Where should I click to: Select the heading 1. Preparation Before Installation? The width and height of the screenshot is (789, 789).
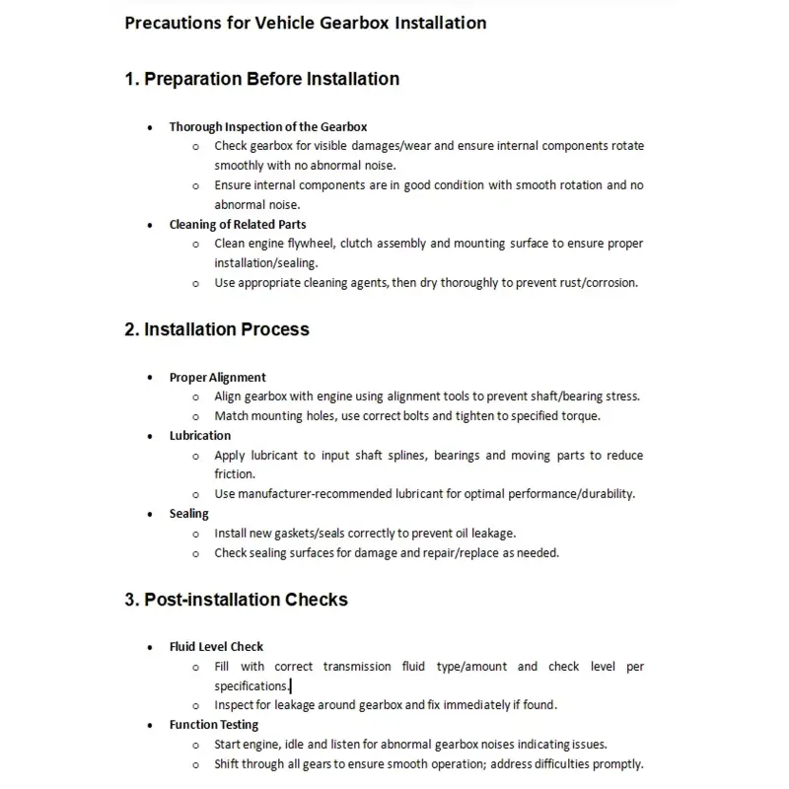pyautogui.click(x=261, y=79)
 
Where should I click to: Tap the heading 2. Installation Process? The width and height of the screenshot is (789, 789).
pyautogui.click(x=216, y=329)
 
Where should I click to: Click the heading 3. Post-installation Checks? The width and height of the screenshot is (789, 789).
pyautogui.click(x=236, y=600)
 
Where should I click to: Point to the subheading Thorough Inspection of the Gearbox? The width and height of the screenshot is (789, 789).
pyautogui.click(x=267, y=126)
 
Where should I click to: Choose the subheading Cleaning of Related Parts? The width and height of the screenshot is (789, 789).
pyautogui.click(x=238, y=224)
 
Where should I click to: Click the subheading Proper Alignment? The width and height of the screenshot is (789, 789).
pyautogui.click(x=217, y=377)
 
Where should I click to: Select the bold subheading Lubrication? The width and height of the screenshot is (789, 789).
pyautogui.click(x=199, y=435)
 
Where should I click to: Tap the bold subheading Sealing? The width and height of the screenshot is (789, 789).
pyautogui.click(x=188, y=513)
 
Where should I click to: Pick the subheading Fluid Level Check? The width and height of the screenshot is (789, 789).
pyautogui.click(x=216, y=647)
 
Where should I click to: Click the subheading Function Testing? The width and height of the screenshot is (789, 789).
pyautogui.click(x=213, y=725)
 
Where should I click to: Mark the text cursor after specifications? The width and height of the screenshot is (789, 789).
pyautogui.click(x=291, y=685)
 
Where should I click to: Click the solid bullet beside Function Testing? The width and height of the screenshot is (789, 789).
pyautogui.click(x=148, y=726)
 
